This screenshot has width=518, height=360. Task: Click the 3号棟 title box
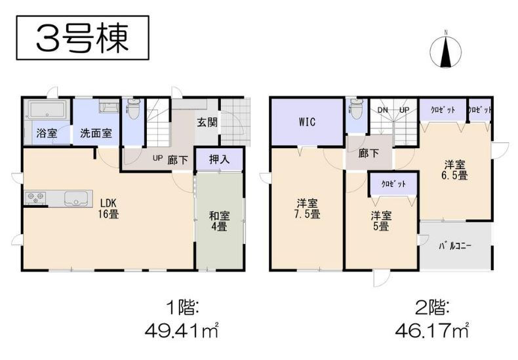(x=83, y=37)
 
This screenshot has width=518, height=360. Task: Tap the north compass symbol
(x=446, y=50)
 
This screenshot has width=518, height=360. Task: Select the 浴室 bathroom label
(x=47, y=133)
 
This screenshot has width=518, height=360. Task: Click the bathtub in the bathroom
(x=47, y=110)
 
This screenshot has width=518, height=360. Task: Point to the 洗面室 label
(x=96, y=133)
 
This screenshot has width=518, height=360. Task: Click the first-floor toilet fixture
(x=134, y=109)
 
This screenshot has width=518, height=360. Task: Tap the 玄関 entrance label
(x=207, y=122)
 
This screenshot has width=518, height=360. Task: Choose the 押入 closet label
(x=220, y=159)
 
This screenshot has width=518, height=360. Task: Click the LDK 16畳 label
(x=108, y=209)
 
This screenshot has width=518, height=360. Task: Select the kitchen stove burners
(x=35, y=197)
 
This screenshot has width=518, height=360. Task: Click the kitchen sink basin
(x=78, y=199)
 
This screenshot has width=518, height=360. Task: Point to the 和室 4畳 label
(x=219, y=221)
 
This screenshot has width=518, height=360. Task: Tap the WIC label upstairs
(x=308, y=122)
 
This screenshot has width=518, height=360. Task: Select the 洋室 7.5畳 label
(x=308, y=209)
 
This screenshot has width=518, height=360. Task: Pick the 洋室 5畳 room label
(x=381, y=221)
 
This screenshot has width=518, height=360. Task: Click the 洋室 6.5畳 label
(x=455, y=170)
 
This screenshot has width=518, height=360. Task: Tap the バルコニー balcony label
(x=455, y=246)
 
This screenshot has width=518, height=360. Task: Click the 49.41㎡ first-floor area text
(x=182, y=330)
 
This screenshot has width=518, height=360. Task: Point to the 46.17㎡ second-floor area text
(x=432, y=330)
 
